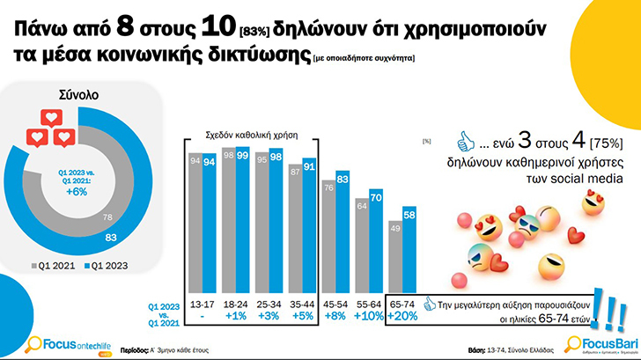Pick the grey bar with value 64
tap(360, 242)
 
